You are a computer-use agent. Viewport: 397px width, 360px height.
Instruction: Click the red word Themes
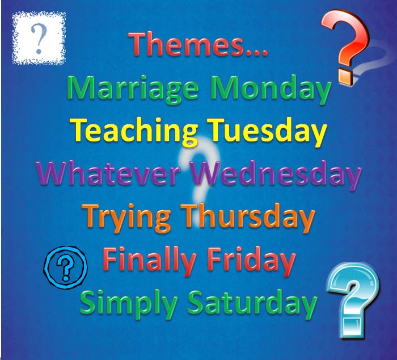[x=188, y=44]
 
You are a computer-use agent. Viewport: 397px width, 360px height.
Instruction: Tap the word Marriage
[x=133, y=89]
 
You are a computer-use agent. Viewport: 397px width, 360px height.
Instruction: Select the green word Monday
[x=271, y=89]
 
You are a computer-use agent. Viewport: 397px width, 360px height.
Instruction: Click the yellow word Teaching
[x=134, y=132]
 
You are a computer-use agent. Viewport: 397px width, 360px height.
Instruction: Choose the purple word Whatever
[x=108, y=173]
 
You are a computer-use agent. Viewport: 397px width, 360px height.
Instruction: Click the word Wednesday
[x=277, y=175]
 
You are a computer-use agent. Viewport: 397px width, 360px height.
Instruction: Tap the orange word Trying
[x=126, y=217]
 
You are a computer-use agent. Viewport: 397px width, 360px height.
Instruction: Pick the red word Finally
[x=149, y=261]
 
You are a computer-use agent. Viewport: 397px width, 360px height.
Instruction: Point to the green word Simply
[x=129, y=304]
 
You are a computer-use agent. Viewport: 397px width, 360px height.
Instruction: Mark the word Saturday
[x=252, y=304]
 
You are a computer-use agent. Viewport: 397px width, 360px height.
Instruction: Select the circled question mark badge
[x=66, y=267]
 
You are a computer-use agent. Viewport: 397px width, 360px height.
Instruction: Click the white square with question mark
[x=39, y=38]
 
